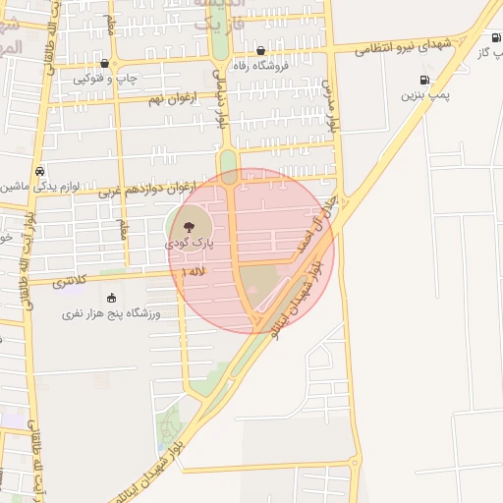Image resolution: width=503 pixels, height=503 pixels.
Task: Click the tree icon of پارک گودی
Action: coord(191,225)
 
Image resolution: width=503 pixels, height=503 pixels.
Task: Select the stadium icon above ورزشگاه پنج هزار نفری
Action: coord(111,298)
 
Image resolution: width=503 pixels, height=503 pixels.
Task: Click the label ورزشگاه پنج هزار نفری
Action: coord(111,313)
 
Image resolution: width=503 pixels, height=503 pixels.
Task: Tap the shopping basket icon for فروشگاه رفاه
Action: coord(260,51)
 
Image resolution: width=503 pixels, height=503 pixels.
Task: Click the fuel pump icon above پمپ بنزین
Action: coord(424,81)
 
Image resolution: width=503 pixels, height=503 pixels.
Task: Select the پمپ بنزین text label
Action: coord(424,96)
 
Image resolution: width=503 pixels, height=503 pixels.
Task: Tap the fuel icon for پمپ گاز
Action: coord(495,38)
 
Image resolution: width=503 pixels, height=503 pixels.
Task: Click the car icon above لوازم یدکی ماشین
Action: coord(39,169)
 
